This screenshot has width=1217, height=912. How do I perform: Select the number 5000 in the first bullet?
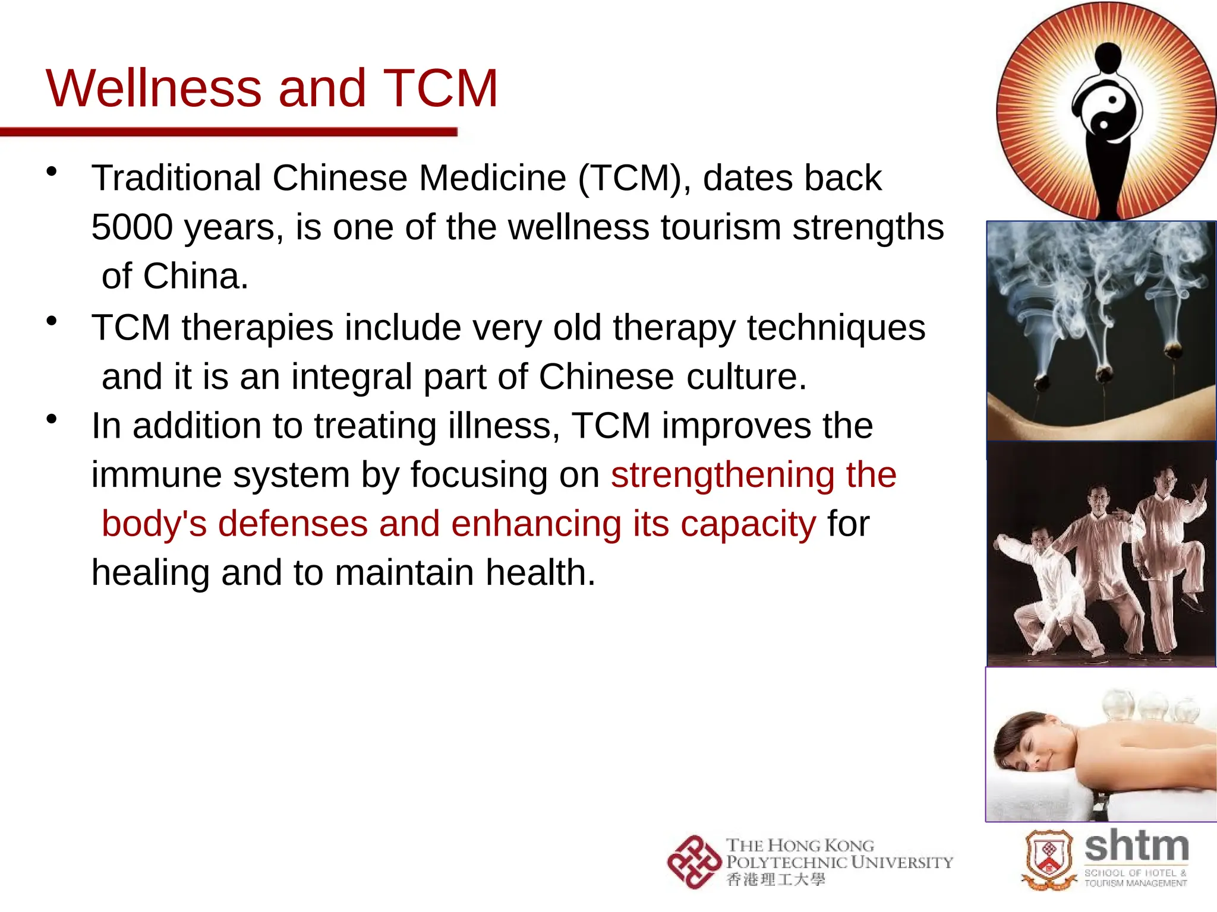tap(132, 227)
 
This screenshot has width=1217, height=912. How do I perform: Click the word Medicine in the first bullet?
tap(492, 178)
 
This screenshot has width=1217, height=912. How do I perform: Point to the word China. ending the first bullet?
tap(196, 276)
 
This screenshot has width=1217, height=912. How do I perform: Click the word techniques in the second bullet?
tap(836, 327)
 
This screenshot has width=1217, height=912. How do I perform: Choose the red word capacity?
tap(748, 524)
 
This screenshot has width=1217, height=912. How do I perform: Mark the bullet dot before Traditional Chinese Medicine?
tap(52, 172)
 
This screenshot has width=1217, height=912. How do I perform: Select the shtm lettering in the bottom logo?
tap(1136, 846)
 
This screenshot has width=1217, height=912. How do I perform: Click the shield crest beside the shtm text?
tap(1049, 859)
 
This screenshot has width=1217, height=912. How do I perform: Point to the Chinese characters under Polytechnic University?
tap(776, 879)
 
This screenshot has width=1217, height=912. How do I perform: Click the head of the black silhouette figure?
tap(1108, 56)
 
